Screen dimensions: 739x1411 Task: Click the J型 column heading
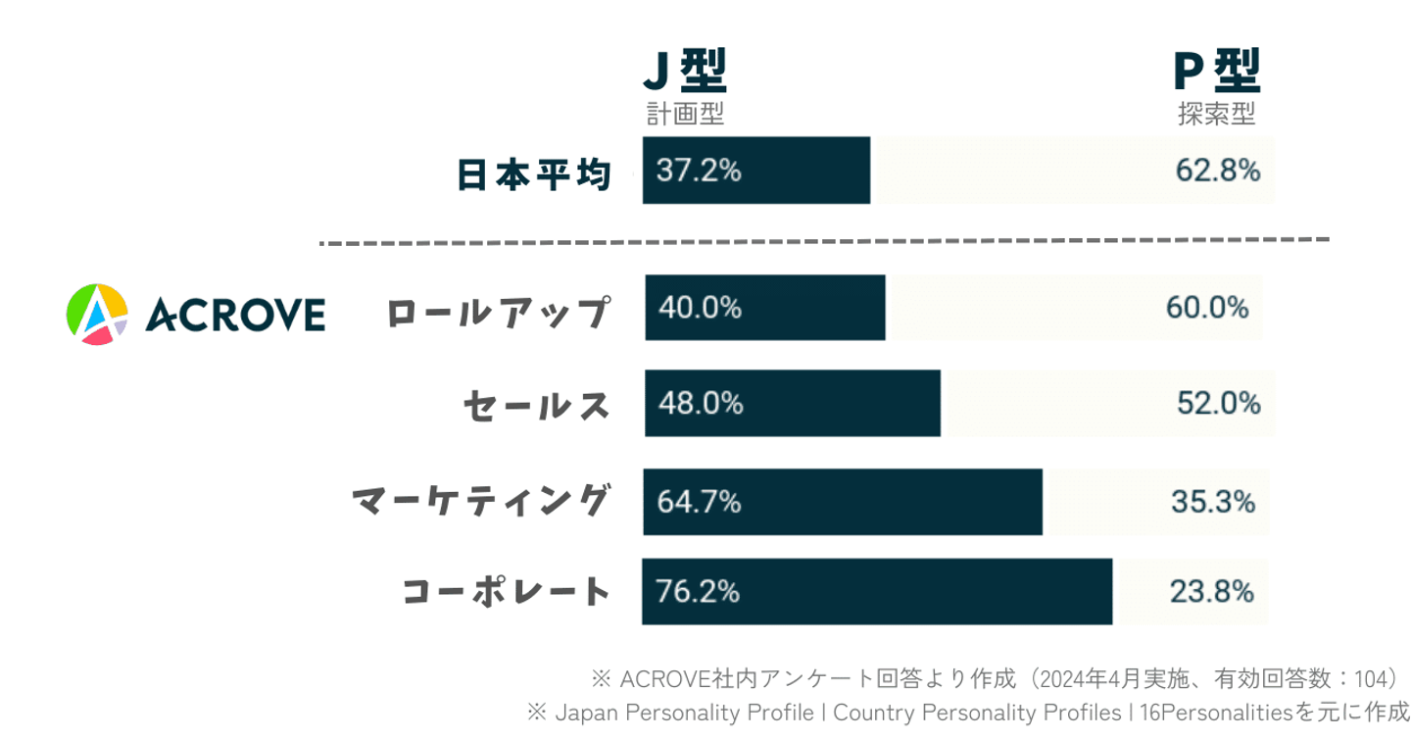click(684, 72)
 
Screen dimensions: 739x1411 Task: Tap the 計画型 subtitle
click(684, 115)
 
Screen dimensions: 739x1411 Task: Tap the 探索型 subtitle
click(1216, 115)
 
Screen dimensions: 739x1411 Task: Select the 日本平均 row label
click(534, 175)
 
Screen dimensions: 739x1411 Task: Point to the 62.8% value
click(1218, 171)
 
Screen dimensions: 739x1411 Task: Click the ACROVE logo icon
click(96, 314)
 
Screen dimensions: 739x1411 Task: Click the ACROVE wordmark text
click(235, 315)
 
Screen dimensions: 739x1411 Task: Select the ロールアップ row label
click(498, 314)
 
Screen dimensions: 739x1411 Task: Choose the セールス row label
click(536, 405)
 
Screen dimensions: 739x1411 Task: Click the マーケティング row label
click(480, 501)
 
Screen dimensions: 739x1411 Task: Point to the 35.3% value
click(1213, 502)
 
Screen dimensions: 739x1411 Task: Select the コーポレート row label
click(506, 591)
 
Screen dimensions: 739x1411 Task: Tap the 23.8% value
click(1212, 592)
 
